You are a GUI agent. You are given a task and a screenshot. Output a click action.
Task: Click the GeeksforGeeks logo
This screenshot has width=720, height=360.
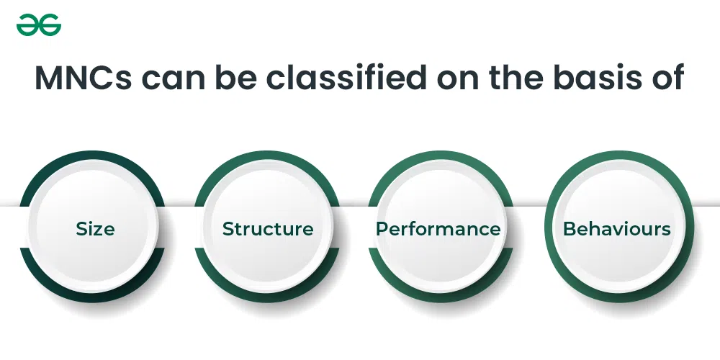(x=39, y=24)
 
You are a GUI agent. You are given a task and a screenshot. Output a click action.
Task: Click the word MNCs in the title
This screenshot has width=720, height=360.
(x=83, y=77)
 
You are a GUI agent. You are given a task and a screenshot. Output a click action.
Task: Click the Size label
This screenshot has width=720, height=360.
(x=95, y=229)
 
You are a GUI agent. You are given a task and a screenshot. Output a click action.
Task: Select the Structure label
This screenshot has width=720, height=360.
(x=268, y=229)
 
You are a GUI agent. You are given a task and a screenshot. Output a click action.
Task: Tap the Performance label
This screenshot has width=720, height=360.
(x=438, y=229)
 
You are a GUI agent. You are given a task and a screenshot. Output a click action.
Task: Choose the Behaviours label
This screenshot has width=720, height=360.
(x=617, y=229)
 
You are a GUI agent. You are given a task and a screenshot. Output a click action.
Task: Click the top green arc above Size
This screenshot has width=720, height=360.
(x=92, y=156)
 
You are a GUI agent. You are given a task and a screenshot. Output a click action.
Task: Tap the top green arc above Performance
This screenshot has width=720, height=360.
(x=441, y=156)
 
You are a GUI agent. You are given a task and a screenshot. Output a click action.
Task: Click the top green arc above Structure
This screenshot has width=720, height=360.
(x=267, y=156)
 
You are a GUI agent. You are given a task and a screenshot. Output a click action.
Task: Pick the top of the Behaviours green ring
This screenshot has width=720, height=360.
(x=619, y=156)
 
